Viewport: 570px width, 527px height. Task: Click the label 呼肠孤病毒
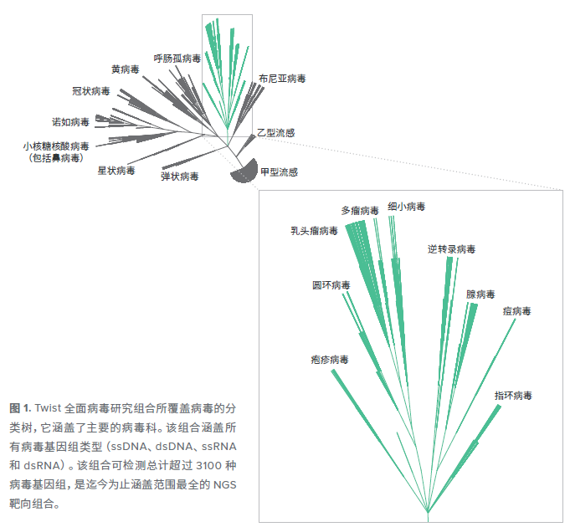point(177,59)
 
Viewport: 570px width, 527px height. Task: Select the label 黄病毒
point(125,69)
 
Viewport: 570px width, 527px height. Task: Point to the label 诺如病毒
point(70,122)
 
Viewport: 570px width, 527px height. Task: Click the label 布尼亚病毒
point(282,79)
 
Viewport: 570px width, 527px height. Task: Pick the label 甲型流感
point(279,172)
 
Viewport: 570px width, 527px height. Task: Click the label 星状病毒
point(116,171)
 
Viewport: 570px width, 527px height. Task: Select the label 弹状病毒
point(180,177)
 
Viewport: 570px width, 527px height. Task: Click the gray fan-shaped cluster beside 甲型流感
point(246,171)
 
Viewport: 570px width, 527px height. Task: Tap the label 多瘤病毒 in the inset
point(360,211)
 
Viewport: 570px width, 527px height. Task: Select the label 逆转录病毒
point(451,249)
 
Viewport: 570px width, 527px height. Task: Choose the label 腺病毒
point(480,294)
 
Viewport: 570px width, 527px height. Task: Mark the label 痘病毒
point(516,311)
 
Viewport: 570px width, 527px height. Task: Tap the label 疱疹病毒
point(329,360)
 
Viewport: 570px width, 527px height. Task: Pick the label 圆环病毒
point(331,285)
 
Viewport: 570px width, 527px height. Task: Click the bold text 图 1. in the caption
point(20,408)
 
